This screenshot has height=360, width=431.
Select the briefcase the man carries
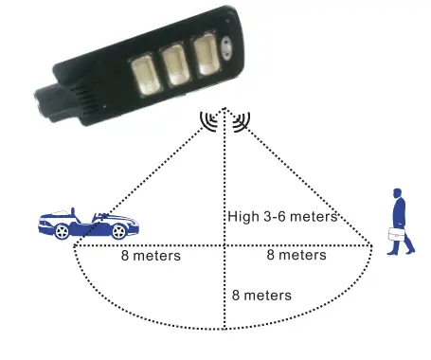396,235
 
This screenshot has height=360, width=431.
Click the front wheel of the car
119,231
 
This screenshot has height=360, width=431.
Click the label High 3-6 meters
282,217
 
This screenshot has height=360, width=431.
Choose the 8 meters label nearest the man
296,255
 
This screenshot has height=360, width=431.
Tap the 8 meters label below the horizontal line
261,295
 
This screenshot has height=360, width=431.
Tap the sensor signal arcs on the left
209,120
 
